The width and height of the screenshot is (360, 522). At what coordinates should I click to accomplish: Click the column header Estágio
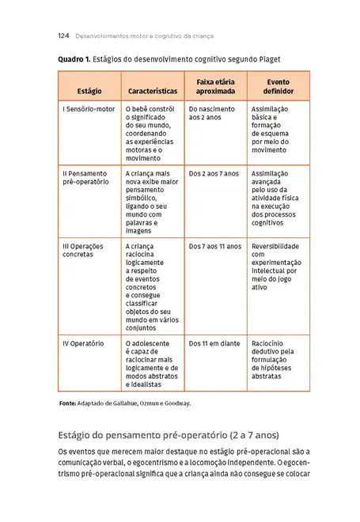[x=89, y=91]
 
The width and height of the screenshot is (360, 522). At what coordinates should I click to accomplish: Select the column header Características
[x=152, y=91]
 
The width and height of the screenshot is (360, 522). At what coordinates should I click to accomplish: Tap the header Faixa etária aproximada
[x=214, y=86]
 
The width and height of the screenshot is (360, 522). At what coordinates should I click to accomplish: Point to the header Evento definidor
[x=278, y=86]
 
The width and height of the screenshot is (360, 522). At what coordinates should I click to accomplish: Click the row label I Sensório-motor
[x=89, y=108]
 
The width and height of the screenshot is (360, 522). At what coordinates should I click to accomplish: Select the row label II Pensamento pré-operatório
[x=86, y=177]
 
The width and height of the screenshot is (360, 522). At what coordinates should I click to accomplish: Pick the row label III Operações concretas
[x=83, y=250]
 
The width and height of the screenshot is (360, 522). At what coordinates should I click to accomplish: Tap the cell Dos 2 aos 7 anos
[x=214, y=172]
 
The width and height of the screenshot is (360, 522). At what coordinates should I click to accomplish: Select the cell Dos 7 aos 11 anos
[x=215, y=246]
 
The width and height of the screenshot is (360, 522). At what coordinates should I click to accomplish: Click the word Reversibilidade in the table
[x=275, y=246]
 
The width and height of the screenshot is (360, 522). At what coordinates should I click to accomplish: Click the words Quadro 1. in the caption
[x=74, y=59]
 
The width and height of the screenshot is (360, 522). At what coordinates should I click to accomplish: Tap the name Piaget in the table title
[x=267, y=59]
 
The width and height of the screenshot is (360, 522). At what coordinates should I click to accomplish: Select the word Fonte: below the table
[x=68, y=403]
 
